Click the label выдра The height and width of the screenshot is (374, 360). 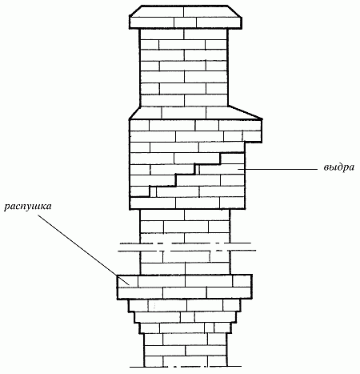(339, 167)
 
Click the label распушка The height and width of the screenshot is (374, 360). (28, 207)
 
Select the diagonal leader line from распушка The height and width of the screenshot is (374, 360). (83, 250)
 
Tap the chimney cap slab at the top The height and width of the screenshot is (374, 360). (186, 17)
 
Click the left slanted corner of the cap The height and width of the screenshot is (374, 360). (135, 11)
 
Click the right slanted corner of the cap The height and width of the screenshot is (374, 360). (235, 11)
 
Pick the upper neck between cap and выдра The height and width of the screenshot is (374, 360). (184, 67)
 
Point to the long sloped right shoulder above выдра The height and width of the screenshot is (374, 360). (246, 112)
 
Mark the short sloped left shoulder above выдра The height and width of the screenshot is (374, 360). (134, 112)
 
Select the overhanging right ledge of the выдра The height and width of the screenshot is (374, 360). (253, 131)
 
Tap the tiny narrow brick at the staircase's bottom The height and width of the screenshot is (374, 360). (153, 191)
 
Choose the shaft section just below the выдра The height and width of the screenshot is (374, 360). (185, 226)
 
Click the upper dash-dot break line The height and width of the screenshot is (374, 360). (186, 243)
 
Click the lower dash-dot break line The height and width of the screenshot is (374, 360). (187, 251)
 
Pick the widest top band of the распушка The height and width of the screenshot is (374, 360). (185, 287)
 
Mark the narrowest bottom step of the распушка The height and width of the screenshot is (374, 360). (185, 328)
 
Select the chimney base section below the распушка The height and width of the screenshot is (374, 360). (186, 350)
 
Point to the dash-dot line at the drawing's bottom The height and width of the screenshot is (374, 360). (186, 367)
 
